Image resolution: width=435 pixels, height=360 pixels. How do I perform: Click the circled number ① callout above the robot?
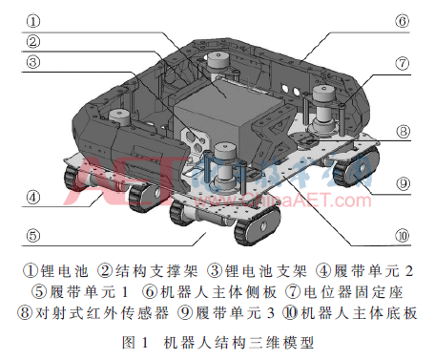click(33, 21)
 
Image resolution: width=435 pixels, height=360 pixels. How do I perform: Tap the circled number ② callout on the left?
click(33, 42)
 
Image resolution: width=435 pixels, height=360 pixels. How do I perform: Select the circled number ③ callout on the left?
click(33, 62)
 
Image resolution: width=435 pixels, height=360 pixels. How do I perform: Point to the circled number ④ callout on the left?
click(33, 198)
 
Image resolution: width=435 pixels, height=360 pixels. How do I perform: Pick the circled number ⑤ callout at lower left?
click(33, 236)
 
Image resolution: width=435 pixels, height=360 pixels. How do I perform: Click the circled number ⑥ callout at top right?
click(403, 21)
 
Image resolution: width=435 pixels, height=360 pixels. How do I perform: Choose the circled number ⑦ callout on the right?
click(403, 63)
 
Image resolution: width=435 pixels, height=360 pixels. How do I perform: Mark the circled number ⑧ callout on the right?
click(403, 131)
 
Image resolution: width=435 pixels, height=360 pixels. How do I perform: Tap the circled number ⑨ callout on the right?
click(403, 183)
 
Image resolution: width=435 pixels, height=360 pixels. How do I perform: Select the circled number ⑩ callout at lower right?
click(403, 236)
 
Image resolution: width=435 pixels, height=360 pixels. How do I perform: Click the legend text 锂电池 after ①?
click(64, 271)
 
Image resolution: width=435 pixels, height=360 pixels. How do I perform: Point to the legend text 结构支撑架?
click(156, 271)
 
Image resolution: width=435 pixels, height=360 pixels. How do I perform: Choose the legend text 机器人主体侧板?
click(218, 292)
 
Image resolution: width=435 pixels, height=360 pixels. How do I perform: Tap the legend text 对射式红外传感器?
click(102, 313)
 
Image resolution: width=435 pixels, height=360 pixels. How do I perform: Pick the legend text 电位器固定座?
click(353, 292)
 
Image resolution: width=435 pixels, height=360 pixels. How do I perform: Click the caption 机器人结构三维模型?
click(238, 343)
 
